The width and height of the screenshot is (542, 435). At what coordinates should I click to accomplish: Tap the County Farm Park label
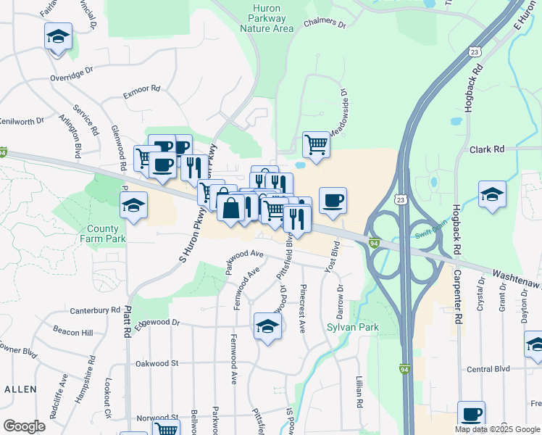click(107, 233)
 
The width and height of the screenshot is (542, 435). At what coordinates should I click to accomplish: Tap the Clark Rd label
click(486, 149)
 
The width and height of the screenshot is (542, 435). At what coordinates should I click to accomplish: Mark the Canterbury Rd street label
click(95, 310)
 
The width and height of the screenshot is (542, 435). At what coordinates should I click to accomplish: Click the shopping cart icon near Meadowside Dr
click(316, 144)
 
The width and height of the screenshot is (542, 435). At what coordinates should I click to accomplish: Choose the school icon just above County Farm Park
click(133, 205)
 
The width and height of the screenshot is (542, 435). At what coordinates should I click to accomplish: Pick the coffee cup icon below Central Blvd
click(471, 414)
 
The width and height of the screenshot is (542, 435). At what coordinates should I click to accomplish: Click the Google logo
click(24, 426)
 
